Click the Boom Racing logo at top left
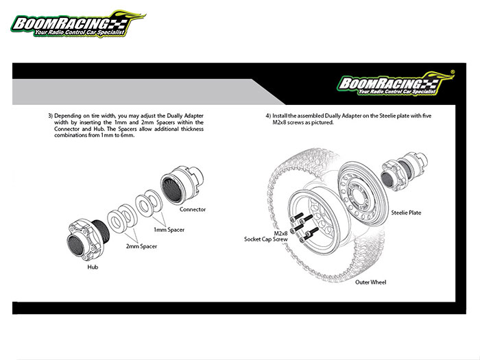(78, 24)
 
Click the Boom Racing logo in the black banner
(396, 83)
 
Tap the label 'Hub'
(93, 267)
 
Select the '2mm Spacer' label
(141, 246)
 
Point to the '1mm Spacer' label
(169, 230)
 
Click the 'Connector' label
(193, 209)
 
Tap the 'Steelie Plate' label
(406, 213)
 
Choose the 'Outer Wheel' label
(370, 282)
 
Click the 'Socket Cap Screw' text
(266, 239)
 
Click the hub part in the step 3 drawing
(88, 238)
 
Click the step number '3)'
(50, 116)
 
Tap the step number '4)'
(268, 116)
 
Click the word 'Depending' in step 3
(68, 116)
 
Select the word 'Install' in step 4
(280, 116)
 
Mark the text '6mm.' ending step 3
(128, 135)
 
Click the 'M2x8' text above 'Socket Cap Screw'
(280, 233)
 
